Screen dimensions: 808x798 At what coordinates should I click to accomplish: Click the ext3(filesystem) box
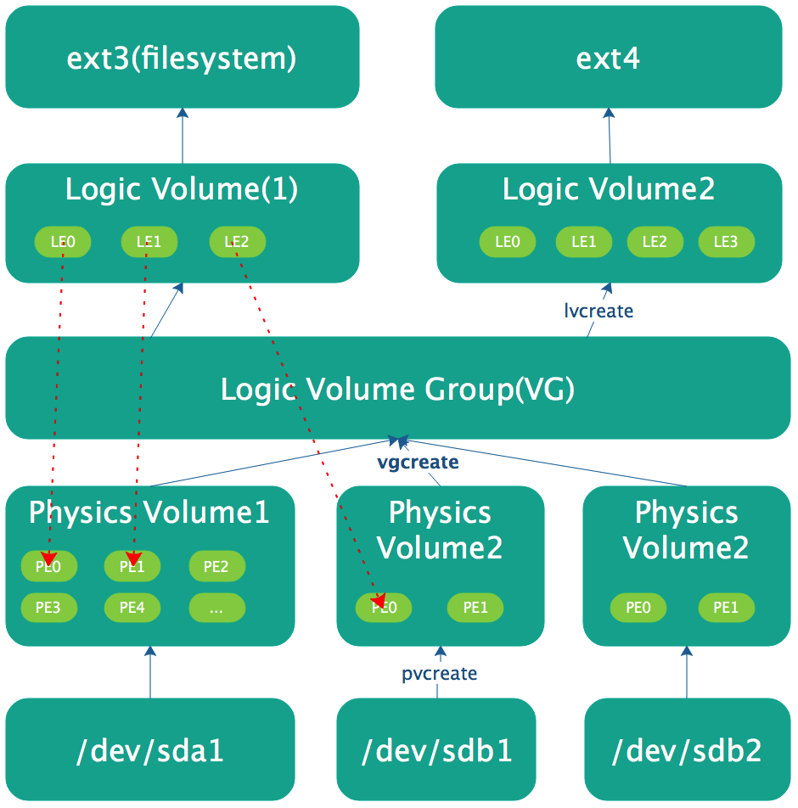click(x=182, y=58)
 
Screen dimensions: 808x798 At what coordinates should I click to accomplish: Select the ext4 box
click(x=608, y=58)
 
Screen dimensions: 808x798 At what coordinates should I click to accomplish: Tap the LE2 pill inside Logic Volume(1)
click(x=237, y=242)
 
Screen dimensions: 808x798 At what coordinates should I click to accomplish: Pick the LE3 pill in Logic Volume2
click(x=726, y=242)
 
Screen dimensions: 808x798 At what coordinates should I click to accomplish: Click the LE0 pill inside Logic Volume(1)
click(x=63, y=242)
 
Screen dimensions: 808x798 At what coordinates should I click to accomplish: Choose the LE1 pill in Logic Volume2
click(x=583, y=242)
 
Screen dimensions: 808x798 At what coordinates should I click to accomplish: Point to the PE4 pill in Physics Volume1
click(x=132, y=608)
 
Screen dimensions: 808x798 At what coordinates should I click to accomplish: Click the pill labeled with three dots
click(x=216, y=608)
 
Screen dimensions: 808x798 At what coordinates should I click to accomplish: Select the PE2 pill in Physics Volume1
click(x=216, y=566)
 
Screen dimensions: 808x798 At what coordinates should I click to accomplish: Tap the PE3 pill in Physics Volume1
click(x=49, y=608)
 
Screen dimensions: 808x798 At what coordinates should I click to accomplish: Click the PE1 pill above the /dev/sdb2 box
click(x=726, y=608)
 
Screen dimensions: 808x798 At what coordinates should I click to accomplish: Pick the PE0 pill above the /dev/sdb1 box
click(x=384, y=608)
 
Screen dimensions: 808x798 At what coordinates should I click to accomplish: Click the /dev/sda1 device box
click(x=150, y=750)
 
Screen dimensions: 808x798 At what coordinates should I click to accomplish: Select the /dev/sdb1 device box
click(x=437, y=750)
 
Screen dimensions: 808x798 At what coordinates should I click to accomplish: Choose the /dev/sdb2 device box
click(x=687, y=750)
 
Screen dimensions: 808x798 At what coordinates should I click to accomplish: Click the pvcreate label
click(x=439, y=674)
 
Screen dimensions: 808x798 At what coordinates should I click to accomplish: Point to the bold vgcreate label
click(x=418, y=463)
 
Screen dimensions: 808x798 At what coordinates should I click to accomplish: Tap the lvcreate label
click(x=598, y=311)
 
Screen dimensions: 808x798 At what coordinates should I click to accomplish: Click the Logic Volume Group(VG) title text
click(x=397, y=389)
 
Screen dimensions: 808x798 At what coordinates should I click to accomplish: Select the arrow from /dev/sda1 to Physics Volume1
click(x=150, y=672)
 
